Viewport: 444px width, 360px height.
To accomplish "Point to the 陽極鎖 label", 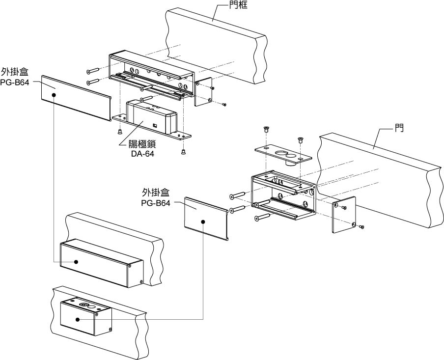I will tap(140, 144).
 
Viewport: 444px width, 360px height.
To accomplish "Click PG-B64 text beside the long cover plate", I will tap(15, 82).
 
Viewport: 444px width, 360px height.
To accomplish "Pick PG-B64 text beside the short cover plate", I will tap(156, 202).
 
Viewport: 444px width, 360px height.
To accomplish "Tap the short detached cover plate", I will tap(205, 218).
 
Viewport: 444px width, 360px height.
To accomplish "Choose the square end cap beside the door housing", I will tap(344, 215).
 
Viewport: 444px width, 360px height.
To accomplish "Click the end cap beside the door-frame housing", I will tap(203, 91).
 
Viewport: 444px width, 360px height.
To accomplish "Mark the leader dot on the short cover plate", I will tap(203, 222).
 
